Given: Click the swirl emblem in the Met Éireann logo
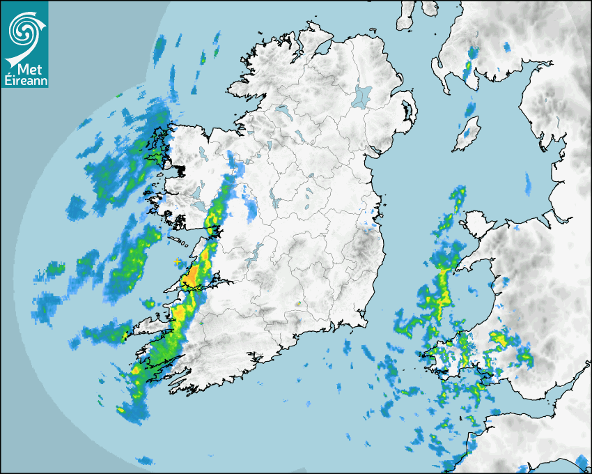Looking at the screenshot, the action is (x=24, y=29).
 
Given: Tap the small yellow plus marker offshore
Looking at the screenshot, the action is (x=177, y=261).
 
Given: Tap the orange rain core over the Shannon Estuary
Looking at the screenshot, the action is (x=189, y=280).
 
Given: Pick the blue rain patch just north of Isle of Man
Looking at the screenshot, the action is (x=470, y=109).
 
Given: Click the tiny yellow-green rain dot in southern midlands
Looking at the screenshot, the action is (x=298, y=304).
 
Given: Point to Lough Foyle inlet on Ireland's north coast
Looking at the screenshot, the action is (x=322, y=49).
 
